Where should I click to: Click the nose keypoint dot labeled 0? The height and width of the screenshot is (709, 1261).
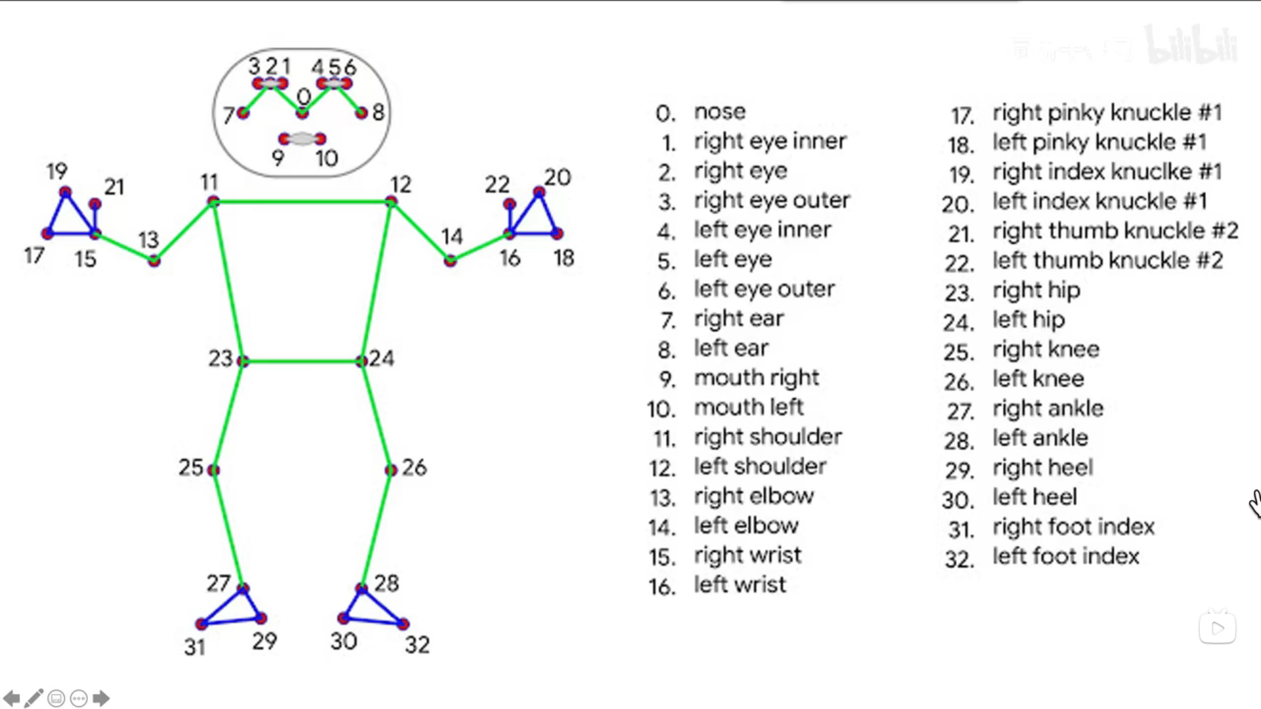302,114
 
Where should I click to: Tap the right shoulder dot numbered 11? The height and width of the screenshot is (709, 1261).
213,202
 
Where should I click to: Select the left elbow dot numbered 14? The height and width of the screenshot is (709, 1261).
450,261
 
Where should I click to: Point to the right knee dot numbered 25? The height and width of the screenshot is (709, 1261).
213,470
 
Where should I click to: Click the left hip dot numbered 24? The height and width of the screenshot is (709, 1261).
361,361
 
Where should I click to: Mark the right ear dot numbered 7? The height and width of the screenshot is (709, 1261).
243,113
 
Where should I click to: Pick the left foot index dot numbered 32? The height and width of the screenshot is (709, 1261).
403,624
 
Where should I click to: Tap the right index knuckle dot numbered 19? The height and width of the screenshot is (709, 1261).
65,192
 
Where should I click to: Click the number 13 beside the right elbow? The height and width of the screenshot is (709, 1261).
148,240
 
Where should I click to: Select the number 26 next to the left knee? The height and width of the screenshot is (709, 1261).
414,467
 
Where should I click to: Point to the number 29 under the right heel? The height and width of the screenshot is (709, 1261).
265,641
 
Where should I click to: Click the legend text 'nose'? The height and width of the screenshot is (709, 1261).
720,112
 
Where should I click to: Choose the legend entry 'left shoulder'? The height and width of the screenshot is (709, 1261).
760,466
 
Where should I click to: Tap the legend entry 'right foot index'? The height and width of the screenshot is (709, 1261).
1073,526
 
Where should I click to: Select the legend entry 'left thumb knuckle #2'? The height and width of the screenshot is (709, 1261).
1107,261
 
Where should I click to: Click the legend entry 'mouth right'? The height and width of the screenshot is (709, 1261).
757,377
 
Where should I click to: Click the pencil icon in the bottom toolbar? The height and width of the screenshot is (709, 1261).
34,698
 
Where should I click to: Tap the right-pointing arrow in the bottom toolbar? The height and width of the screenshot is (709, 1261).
101,698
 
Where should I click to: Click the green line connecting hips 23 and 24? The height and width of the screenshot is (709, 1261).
302,361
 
